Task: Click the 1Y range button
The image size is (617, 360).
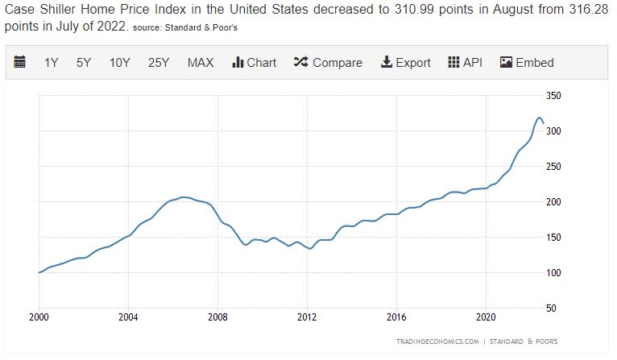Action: [52, 63]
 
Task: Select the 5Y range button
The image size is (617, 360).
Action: [84, 63]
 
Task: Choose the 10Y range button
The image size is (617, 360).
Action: [119, 63]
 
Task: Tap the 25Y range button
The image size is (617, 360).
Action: [159, 63]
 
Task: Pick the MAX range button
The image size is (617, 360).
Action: [201, 63]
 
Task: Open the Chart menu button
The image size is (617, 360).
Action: [254, 63]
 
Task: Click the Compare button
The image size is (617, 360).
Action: [328, 63]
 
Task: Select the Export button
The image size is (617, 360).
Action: [405, 63]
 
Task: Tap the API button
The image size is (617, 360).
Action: [465, 63]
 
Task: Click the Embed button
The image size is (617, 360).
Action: [527, 63]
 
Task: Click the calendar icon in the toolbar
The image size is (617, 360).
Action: [20, 63]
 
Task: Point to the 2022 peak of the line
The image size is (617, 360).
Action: [539, 118]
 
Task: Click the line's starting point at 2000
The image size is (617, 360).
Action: [39, 272]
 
